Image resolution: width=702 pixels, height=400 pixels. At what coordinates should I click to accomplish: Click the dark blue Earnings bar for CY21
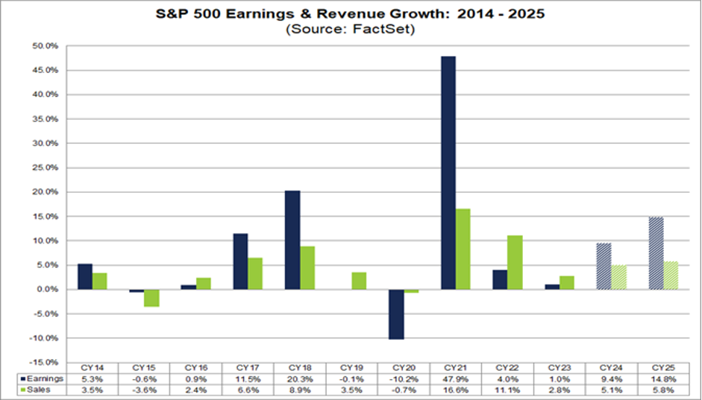tap(448, 172)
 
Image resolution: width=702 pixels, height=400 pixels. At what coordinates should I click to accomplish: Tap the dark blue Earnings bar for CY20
tap(396, 314)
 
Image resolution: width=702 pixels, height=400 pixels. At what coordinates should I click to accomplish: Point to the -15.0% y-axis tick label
tap(48, 362)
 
